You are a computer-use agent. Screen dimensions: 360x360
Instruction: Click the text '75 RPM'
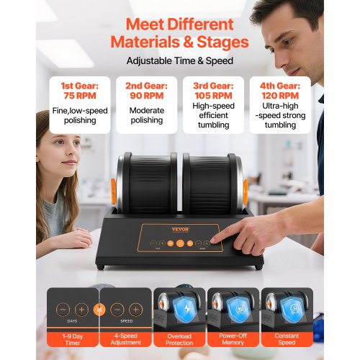point(80,96)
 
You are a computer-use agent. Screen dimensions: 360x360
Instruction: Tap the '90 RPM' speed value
point(147,96)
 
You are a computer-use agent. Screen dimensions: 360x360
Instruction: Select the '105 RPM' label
point(213,96)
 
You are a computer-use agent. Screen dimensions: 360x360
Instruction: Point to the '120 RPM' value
point(280,96)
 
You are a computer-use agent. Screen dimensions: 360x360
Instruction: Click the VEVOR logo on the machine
point(181,230)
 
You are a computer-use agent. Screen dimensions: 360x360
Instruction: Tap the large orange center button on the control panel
point(180,243)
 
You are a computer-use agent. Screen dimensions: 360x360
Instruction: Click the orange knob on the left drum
point(113,192)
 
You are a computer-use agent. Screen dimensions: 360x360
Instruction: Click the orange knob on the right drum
point(246,192)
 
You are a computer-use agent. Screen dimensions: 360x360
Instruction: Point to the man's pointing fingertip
point(212,240)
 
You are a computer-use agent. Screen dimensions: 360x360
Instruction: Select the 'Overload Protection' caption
point(179,339)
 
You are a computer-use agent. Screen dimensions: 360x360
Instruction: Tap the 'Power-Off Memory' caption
point(233,339)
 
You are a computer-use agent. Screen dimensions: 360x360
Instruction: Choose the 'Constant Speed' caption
point(287,339)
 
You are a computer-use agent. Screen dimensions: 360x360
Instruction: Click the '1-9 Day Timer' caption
point(73,339)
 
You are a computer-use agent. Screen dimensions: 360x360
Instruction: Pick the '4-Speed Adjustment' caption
point(126,339)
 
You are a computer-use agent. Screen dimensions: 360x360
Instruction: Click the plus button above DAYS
point(81,310)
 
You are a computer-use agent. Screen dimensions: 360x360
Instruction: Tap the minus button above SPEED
point(117,310)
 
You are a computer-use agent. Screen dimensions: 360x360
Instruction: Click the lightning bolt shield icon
point(186,310)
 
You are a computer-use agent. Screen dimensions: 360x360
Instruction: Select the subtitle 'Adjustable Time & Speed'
point(180,60)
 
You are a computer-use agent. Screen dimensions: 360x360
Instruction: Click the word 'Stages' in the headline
point(222,42)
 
